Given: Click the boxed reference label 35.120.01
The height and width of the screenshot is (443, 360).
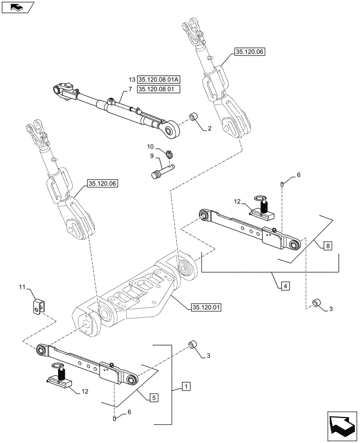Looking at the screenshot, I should [207, 307].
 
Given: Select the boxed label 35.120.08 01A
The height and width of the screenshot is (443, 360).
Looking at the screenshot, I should [156, 79].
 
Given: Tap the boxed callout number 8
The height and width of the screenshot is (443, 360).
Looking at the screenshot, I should [328, 245].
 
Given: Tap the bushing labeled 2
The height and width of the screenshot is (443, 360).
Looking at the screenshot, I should [194, 118].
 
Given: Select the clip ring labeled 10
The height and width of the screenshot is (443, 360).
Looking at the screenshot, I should [169, 154].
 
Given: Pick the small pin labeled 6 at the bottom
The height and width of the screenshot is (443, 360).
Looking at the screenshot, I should [115, 418].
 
